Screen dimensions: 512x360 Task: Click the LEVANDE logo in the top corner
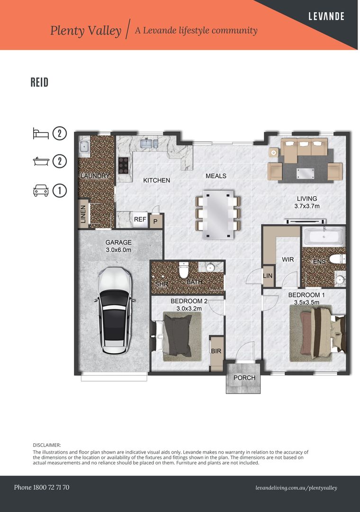click(x=326, y=16)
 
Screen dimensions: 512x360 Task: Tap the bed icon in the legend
click(x=40, y=133)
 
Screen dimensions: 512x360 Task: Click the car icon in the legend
click(x=40, y=191)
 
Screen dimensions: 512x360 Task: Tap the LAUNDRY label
click(x=95, y=176)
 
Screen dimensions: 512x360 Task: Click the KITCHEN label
click(x=156, y=180)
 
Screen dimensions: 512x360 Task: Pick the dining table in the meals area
click(x=217, y=214)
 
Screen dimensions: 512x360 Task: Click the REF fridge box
click(x=140, y=219)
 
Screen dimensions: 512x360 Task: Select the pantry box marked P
click(x=155, y=221)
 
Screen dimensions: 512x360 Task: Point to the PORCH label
click(x=244, y=378)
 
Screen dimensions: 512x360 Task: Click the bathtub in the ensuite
click(x=324, y=236)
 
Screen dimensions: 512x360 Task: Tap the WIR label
click(x=288, y=260)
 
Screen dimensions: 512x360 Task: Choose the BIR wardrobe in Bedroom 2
click(x=216, y=351)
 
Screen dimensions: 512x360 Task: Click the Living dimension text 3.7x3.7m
click(x=307, y=206)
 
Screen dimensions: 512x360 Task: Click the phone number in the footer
click(x=42, y=487)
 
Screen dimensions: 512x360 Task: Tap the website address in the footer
click(x=296, y=488)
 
